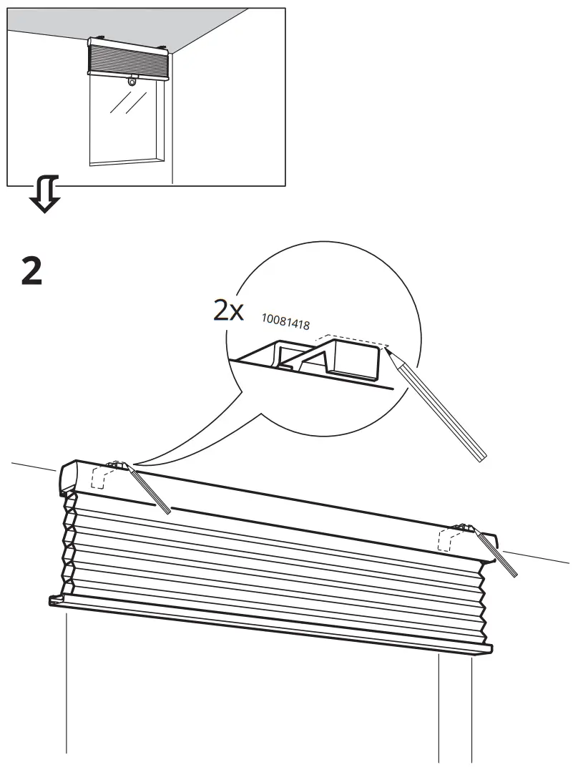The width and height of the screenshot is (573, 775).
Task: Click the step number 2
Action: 31,271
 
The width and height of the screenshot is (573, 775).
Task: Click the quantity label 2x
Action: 229,311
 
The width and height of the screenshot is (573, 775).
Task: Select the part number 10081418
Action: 285,323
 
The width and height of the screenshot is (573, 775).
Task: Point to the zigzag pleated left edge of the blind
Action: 69,544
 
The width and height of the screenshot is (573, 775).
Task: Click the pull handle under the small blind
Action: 132,82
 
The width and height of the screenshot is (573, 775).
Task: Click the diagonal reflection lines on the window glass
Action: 123,104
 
